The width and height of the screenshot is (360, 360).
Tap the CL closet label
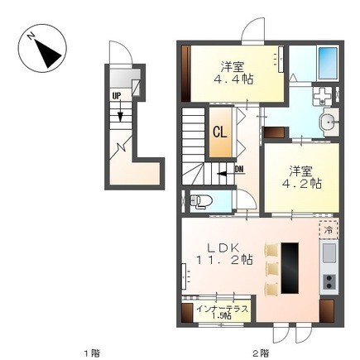click(x=220, y=132)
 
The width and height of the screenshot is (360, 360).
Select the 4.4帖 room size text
click(x=233, y=79)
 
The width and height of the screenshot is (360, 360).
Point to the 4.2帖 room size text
click(x=301, y=183)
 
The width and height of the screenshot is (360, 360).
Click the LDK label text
click(x=223, y=247)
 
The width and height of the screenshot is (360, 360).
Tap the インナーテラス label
click(x=222, y=309)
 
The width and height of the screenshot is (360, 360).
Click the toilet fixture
click(x=200, y=201)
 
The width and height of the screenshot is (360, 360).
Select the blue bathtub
click(x=328, y=64)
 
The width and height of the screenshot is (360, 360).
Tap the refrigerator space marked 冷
click(x=329, y=230)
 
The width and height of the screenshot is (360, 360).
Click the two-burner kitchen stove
click(x=329, y=281)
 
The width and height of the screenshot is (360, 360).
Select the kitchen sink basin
click(x=329, y=253)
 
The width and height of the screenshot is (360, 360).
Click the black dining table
click(x=290, y=268)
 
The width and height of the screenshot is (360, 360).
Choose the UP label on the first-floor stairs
click(x=117, y=96)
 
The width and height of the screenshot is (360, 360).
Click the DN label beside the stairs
click(x=239, y=170)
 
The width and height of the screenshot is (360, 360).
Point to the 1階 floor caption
click(x=93, y=353)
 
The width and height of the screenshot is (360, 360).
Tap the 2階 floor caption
click(x=261, y=353)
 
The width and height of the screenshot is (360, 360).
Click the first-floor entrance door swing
click(x=122, y=52)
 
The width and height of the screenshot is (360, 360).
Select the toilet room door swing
click(x=247, y=199)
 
